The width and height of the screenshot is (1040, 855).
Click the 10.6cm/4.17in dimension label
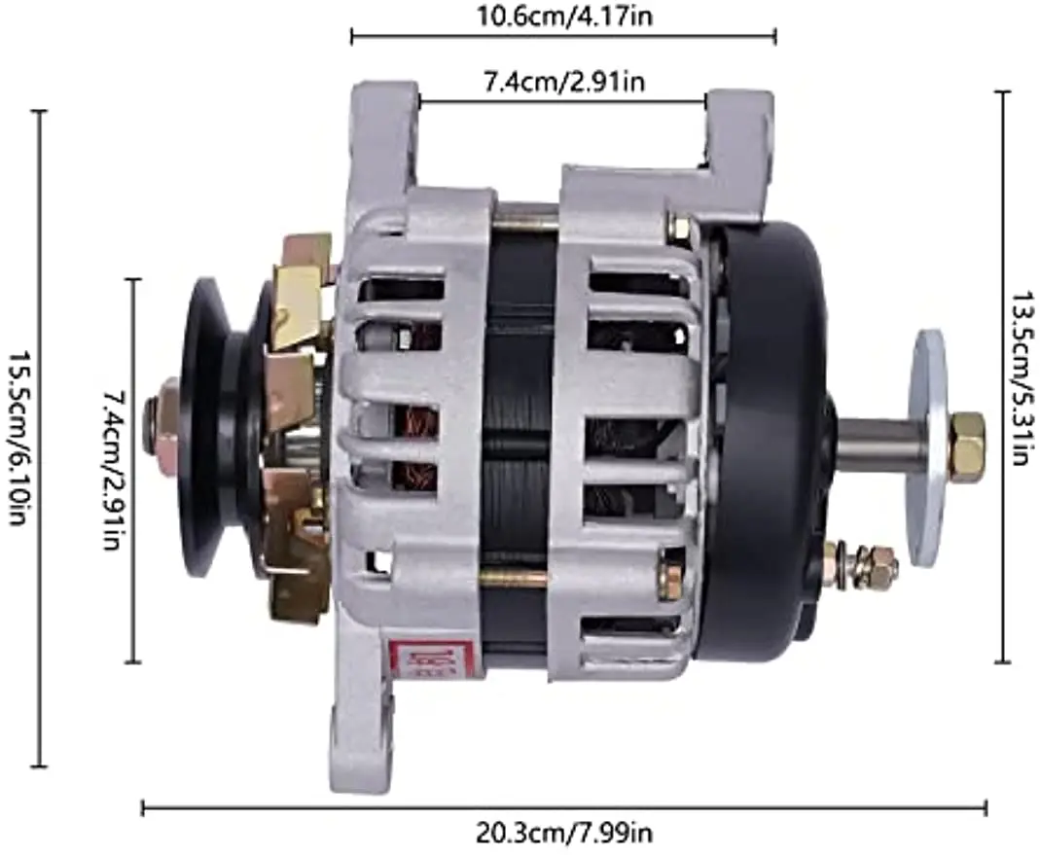click(x=565, y=15)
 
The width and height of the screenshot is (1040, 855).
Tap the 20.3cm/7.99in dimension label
click(x=564, y=832)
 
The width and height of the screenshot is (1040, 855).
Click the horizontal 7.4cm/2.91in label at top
click(x=564, y=82)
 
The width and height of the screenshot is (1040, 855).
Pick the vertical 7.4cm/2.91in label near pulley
click(x=112, y=470)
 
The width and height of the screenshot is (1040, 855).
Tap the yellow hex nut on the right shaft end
click(x=968, y=439)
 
